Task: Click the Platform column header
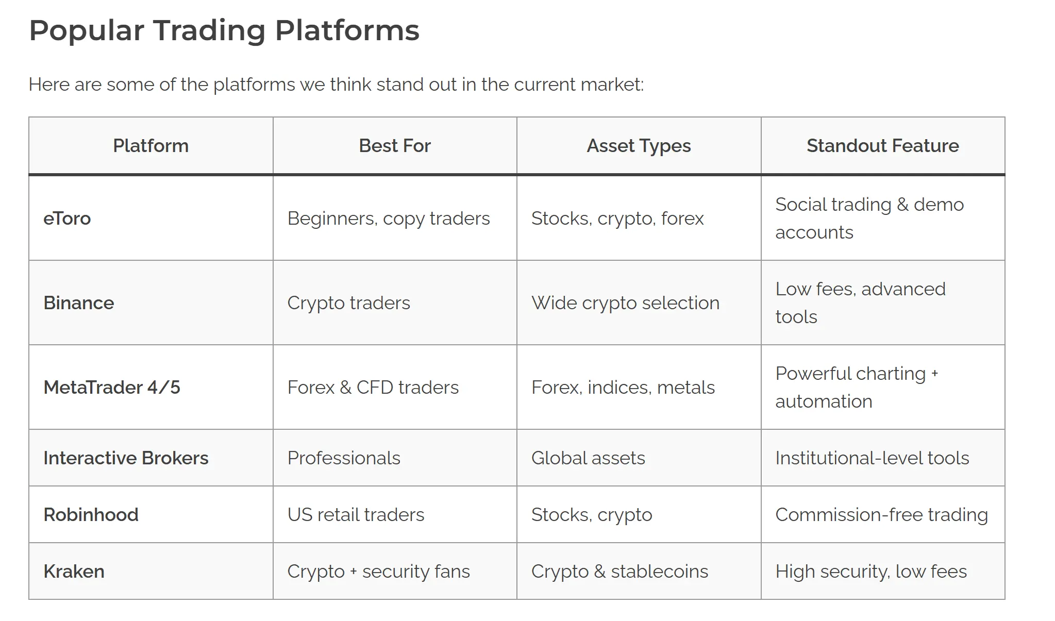(150, 146)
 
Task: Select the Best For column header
(394, 146)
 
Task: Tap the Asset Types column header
(639, 146)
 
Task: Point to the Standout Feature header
(882, 146)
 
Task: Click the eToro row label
(67, 219)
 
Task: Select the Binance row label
(78, 303)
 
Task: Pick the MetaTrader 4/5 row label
(112, 388)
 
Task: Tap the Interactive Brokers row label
(126, 458)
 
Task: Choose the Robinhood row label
(91, 515)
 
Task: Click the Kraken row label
(74, 572)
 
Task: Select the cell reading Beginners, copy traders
(389, 219)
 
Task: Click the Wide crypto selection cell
(625, 303)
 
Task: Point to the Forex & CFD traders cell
(373, 388)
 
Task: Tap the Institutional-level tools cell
(872, 458)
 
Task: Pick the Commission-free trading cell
(881, 515)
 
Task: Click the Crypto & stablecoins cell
(619, 572)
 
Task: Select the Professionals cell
(344, 458)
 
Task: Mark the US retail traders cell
(356, 515)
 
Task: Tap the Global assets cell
(588, 458)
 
